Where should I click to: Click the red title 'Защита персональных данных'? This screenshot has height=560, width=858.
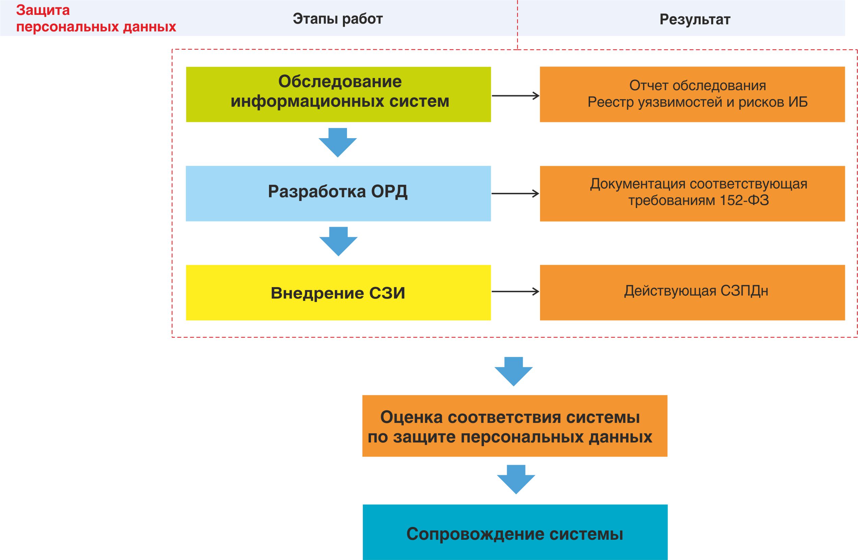(x=96, y=18)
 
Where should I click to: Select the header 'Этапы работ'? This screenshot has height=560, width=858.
(x=338, y=19)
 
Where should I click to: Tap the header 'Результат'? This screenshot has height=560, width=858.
(x=695, y=20)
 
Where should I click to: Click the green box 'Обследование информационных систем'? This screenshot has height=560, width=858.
(x=339, y=94)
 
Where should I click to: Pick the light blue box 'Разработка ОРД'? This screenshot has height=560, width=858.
(x=338, y=194)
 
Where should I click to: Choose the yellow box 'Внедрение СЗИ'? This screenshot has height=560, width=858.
(x=338, y=292)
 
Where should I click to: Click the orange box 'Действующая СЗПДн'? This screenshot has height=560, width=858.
(x=692, y=292)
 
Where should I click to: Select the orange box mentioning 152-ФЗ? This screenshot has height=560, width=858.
(x=692, y=194)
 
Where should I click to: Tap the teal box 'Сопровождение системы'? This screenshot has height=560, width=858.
(x=515, y=532)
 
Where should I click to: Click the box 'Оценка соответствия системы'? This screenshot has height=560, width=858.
(x=515, y=426)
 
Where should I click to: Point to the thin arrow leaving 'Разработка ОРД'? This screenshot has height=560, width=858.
(x=515, y=194)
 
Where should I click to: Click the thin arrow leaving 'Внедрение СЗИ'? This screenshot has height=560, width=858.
(x=515, y=291)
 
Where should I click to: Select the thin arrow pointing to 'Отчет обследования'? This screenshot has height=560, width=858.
(x=515, y=96)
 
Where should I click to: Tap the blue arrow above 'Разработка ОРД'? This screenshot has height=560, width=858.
(x=338, y=143)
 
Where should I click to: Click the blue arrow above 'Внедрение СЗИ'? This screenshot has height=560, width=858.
(x=339, y=241)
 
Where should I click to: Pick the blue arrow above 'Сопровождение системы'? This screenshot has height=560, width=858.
(x=516, y=480)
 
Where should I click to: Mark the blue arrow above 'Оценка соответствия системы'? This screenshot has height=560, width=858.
(x=513, y=372)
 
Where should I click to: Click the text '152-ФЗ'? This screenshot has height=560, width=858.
(x=744, y=200)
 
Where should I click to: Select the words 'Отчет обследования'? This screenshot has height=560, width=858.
(x=698, y=86)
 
